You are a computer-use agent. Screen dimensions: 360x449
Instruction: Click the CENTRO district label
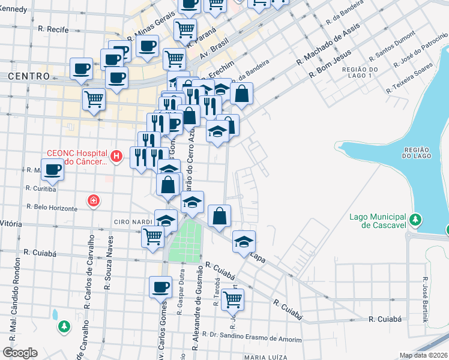coord(29,76)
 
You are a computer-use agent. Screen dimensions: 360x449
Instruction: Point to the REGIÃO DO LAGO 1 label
coord(358,73)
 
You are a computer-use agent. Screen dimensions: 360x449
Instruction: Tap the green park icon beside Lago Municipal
coord(415,221)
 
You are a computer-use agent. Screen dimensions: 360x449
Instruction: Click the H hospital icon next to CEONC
coord(117,157)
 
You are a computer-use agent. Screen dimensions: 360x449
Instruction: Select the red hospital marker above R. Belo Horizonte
coord(93,200)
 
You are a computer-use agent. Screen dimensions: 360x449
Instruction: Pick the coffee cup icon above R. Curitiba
coord(52,170)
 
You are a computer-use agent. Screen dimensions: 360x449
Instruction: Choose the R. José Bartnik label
coord(425,300)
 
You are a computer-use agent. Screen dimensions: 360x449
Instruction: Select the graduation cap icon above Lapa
coord(244,242)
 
